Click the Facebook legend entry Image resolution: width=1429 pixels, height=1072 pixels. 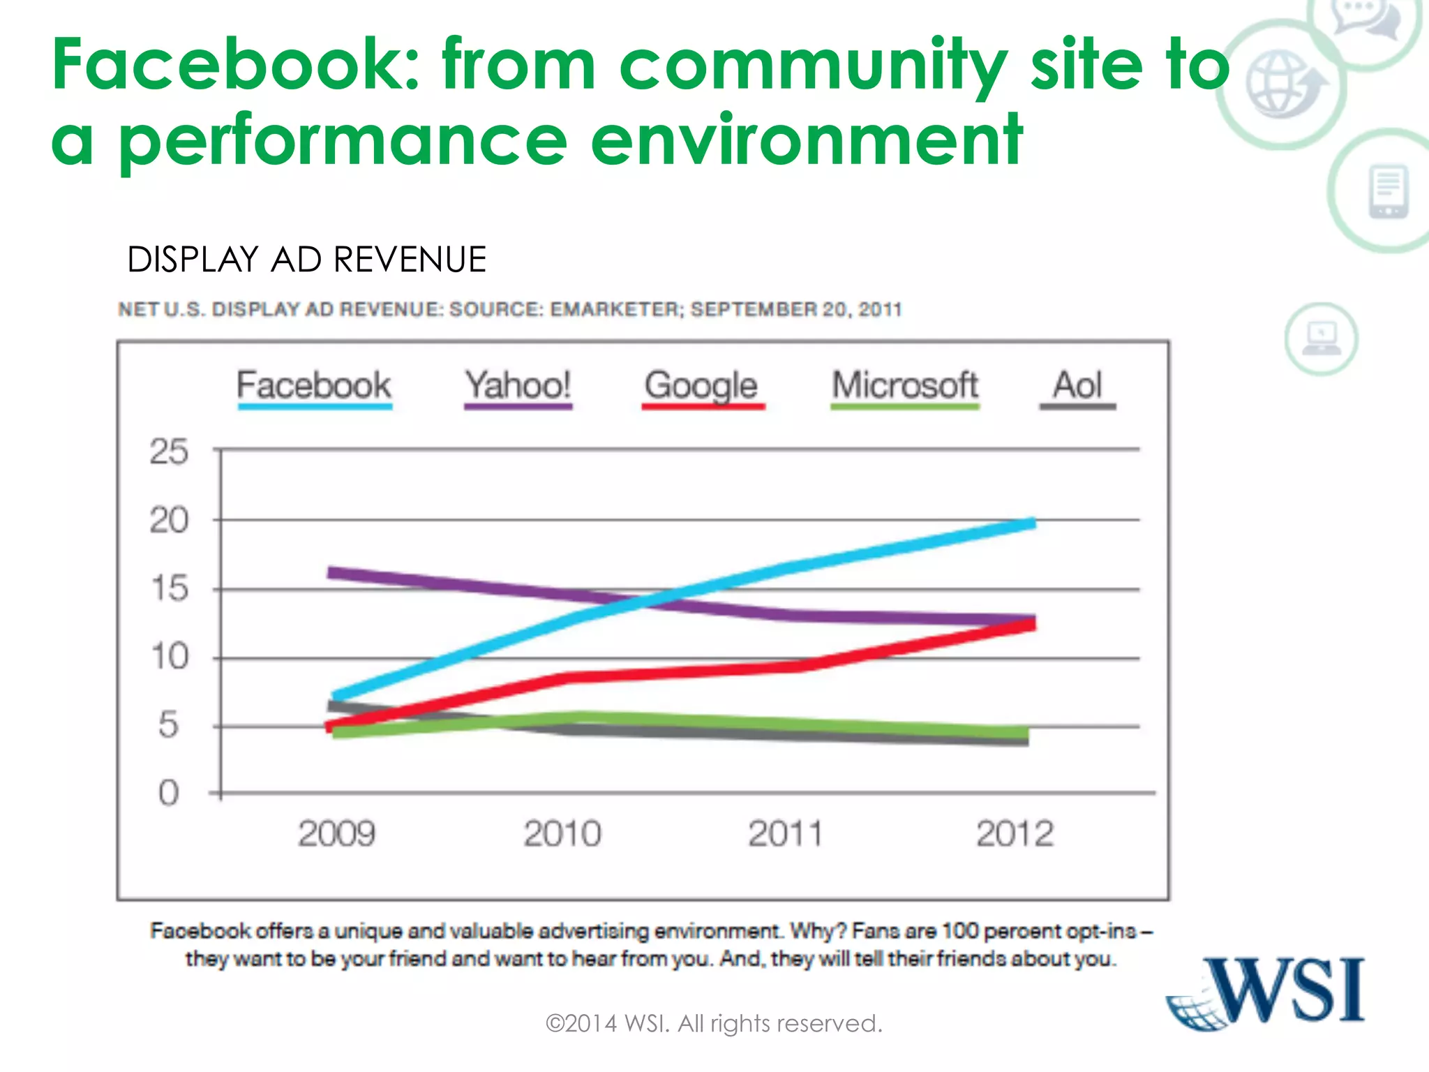[x=314, y=386]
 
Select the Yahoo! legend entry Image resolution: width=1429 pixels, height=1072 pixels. [x=518, y=386]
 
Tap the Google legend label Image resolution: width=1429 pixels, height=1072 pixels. [x=701, y=386]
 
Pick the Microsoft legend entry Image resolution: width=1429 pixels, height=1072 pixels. [x=904, y=386]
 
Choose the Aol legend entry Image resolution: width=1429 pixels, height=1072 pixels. [x=1077, y=386]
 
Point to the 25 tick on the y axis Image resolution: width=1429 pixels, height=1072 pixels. [x=169, y=452]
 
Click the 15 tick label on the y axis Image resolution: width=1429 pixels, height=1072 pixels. [x=169, y=588]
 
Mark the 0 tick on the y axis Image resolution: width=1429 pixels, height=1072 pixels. [x=169, y=794]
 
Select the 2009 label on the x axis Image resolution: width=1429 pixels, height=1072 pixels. [x=337, y=834]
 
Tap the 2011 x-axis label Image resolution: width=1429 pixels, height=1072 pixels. [x=786, y=834]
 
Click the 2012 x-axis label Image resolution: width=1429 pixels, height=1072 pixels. [x=1015, y=834]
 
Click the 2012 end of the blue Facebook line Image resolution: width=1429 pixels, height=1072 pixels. [x=1031, y=523]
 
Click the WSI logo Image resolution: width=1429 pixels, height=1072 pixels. [x=1266, y=993]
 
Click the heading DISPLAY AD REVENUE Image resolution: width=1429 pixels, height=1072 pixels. [x=306, y=260]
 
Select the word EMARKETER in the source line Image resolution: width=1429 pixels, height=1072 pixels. [x=616, y=309]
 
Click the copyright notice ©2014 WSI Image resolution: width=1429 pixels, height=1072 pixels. [x=714, y=1024]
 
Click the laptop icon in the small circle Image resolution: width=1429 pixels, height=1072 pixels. [x=1321, y=339]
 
